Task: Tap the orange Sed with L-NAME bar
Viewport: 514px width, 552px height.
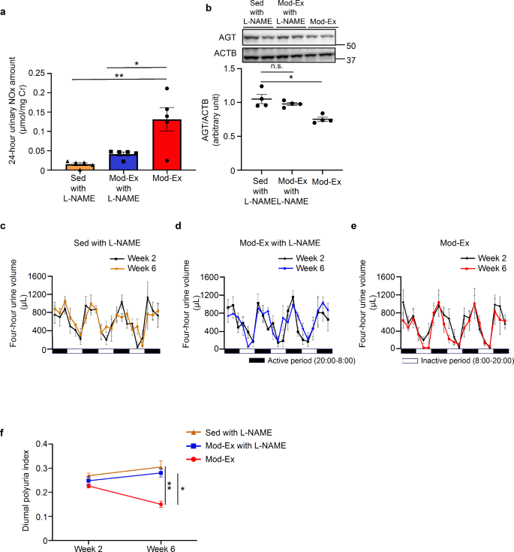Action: click(x=80, y=167)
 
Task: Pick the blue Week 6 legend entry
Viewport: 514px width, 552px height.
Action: click(x=309, y=267)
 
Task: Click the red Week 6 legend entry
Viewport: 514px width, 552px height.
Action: click(x=472, y=267)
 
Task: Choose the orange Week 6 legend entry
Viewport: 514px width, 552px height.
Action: click(x=140, y=267)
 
